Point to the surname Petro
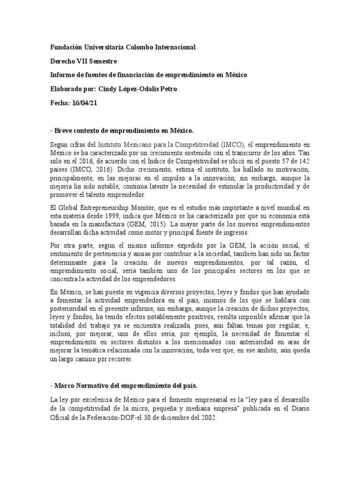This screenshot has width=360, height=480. click(x=167, y=89)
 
